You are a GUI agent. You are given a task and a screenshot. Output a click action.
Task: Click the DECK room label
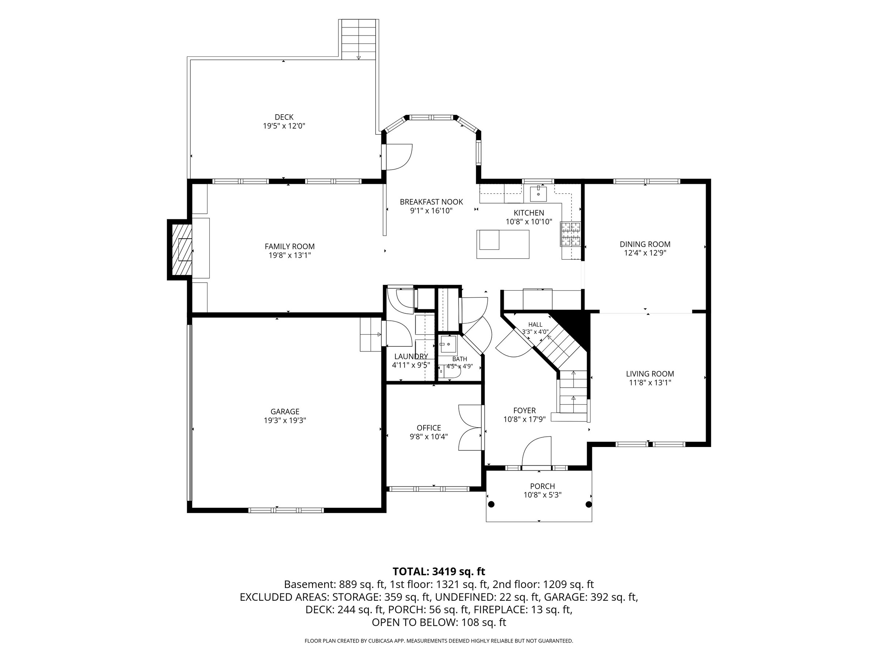[284, 117]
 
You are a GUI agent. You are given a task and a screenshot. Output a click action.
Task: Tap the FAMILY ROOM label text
[289, 247]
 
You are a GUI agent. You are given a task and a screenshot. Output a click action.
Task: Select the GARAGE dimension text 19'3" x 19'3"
[285, 421]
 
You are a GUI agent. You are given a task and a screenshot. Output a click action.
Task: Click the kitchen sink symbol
[538, 194]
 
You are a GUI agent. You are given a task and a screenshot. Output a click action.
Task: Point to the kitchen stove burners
[570, 234]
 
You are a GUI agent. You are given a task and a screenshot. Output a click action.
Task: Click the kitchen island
[503, 244]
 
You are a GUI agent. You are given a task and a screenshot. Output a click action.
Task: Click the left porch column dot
[491, 505]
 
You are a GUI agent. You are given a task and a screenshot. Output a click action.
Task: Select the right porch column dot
[589, 505]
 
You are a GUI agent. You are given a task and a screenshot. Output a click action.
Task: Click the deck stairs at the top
[359, 39]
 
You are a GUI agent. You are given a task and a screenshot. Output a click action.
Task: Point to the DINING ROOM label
[645, 244]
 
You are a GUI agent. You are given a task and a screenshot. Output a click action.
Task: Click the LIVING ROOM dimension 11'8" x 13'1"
[650, 383]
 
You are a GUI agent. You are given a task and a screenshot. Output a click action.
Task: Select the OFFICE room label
[429, 428]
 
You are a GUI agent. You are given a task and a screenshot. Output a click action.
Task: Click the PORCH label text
[542, 486]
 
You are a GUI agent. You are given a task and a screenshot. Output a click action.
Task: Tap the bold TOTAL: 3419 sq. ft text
[439, 571]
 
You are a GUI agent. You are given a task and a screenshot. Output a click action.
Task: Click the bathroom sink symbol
[449, 344]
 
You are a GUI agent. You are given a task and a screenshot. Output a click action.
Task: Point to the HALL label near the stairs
[535, 324]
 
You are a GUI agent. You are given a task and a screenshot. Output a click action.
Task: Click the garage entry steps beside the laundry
[371, 335]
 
